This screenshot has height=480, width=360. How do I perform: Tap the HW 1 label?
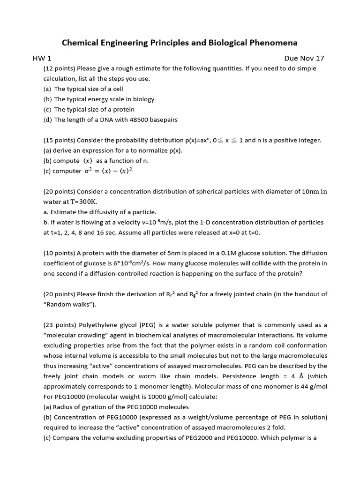coord(42,58)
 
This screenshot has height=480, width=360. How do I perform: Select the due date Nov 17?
coord(311,58)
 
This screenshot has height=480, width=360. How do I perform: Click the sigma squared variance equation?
coord(108,171)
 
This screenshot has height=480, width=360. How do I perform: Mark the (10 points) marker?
coord(59,253)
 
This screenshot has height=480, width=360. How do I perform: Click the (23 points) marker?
coord(59,325)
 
